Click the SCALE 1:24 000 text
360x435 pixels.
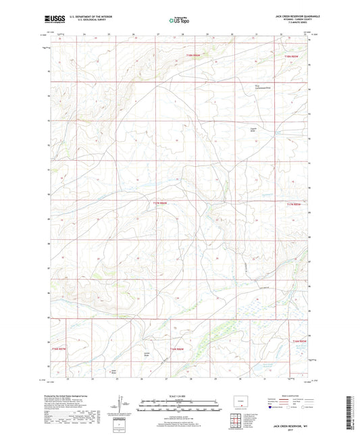(x=179, y=395)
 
